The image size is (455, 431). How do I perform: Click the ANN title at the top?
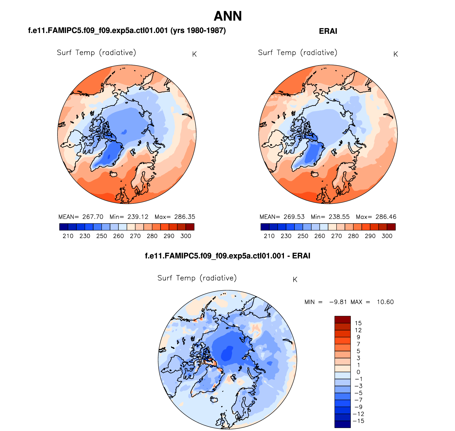pyautogui.click(x=227, y=16)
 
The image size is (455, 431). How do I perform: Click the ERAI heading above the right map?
pyautogui.click(x=328, y=31)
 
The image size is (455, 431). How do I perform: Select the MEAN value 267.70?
pyautogui.click(x=93, y=217)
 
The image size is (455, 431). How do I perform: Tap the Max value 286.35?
pyautogui.click(x=185, y=217)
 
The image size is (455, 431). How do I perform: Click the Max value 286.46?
pyautogui.click(x=386, y=217)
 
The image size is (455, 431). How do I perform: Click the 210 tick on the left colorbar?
pyautogui.click(x=68, y=236)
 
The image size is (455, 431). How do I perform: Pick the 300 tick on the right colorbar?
pyautogui.click(x=387, y=236)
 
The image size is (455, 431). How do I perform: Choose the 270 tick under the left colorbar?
pyautogui.click(x=135, y=236)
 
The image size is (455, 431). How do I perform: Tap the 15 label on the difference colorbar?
pyautogui.click(x=358, y=323)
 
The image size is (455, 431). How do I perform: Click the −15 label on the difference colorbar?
pyautogui.click(x=358, y=421)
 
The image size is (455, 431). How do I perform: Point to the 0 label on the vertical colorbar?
pyautogui.click(x=358, y=372)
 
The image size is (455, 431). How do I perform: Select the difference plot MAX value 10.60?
pyautogui.click(x=385, y=302)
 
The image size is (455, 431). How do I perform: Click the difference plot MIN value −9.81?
pyautogui.click(x=338, y=302)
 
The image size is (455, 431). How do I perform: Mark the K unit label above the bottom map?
pyautogui.click(x=295, y=280)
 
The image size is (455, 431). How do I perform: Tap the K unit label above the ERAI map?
pyautogui.click(x=395, y=54)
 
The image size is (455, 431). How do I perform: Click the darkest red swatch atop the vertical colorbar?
pyautogui.click(x=342, y=320)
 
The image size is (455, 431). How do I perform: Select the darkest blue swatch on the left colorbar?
pyautogui.click(x=64, y=227)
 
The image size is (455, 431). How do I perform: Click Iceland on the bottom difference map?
pyautogui.click(x=214, y=399)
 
